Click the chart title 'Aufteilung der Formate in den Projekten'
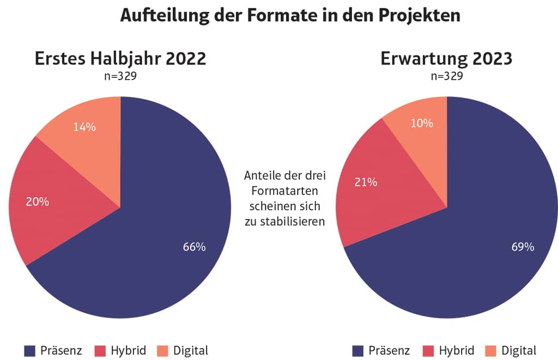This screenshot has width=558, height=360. click(x=290, y=15)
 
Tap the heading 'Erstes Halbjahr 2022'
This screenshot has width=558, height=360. click(x=120, y=58)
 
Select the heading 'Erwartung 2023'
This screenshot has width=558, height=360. click(x=446, y=58)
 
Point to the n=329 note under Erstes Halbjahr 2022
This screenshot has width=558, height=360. click(x=120, y=76)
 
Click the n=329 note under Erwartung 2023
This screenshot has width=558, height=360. click(x=446, y=76)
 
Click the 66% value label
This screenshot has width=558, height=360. click(x=195, y=247)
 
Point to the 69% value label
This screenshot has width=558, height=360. click(x=523, y=247)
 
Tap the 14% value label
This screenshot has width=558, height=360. click(x=84, y=127)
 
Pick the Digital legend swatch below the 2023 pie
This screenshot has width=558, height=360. click(x=490, y=350)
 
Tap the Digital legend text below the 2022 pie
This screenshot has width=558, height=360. click(x=191, y=350)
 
